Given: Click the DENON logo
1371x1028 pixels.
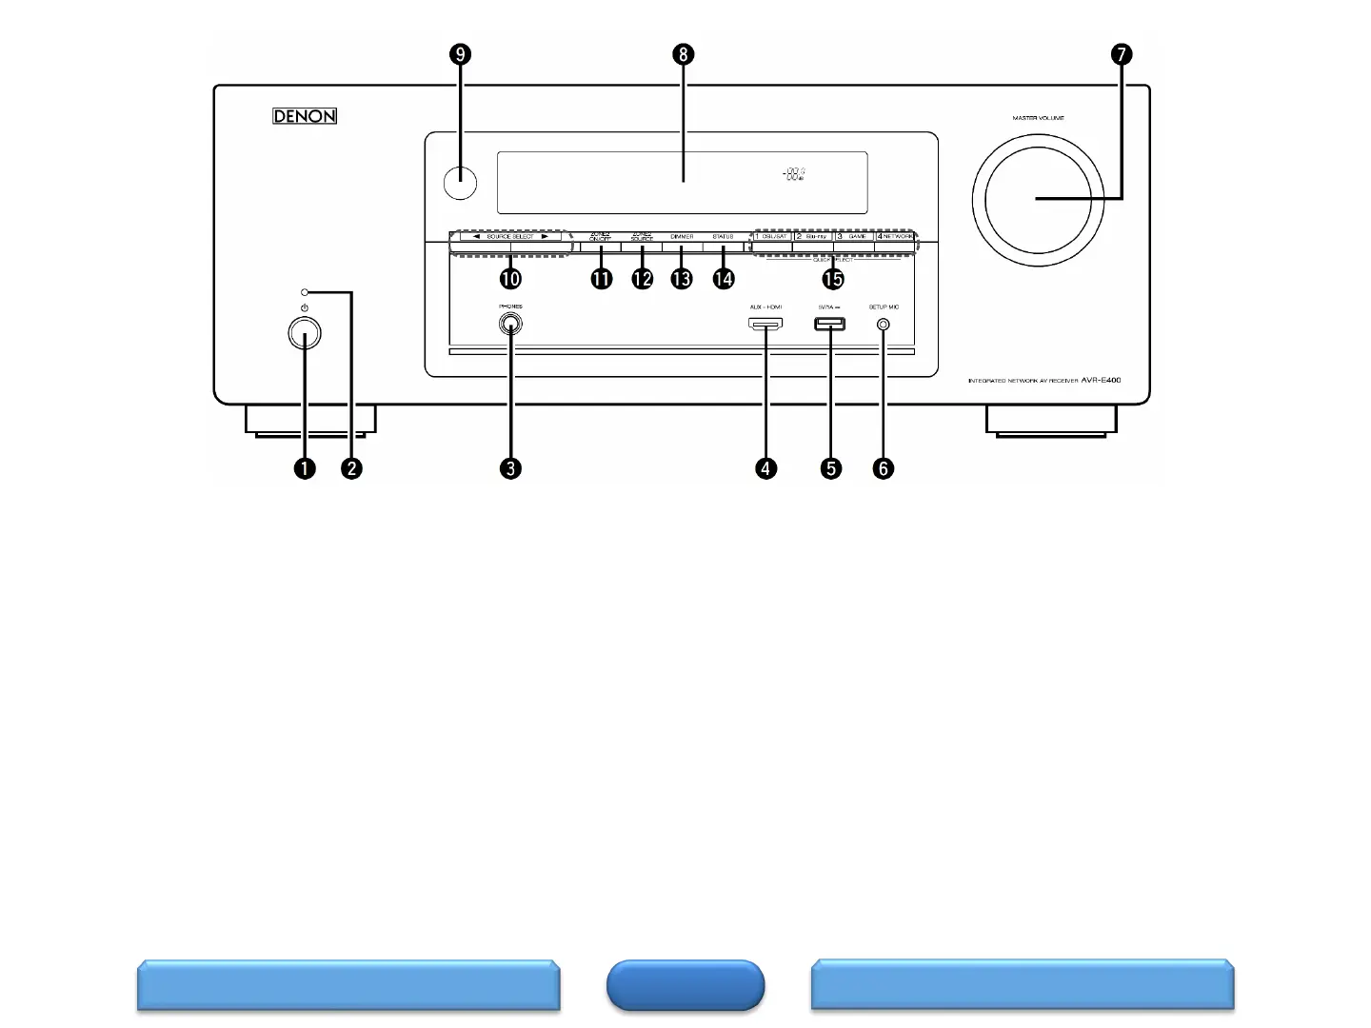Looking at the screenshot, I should coord(305,116).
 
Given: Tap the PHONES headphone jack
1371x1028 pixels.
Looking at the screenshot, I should coord(510,325).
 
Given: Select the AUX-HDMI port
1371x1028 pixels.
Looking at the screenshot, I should coord(765,325).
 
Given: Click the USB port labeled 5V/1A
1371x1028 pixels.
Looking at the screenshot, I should coord(830,325).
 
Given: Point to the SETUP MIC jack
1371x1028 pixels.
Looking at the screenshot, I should coord(884,325).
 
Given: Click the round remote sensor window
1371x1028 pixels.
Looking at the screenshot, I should coord(460,182).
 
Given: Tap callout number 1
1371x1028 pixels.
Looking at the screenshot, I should coord(305,468).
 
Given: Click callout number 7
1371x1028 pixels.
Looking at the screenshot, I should coord(1122,54).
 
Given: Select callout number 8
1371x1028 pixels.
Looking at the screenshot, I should coord(682,54).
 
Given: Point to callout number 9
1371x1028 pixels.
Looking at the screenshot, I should coord(461,54).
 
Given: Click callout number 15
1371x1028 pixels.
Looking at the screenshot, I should coord(833,278).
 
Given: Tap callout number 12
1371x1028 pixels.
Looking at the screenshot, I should coord(642,278).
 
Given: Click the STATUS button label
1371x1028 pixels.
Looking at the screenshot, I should coord(723,237).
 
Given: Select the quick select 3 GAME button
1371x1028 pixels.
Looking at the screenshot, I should coord(854,237).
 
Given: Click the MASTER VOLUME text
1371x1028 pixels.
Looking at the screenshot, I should coord(1038,118).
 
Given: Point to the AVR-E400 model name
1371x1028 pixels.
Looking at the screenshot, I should coord(1101,380).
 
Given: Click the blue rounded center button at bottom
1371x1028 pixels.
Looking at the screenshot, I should coord(685,984).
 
